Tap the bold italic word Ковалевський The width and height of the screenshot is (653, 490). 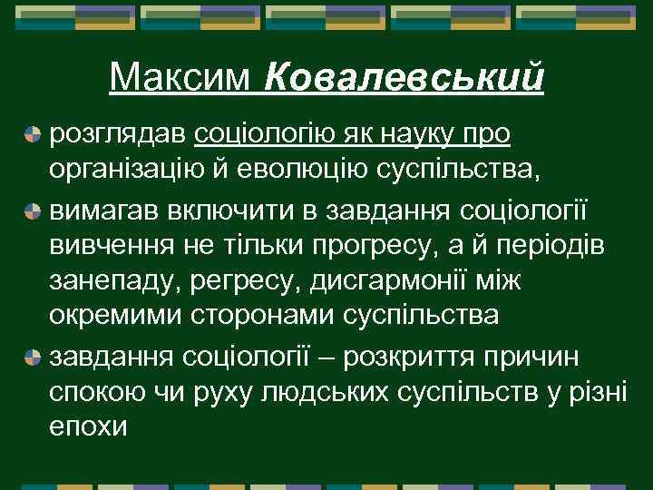(x=404, y=78)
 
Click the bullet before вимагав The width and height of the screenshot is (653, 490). (x=33, y=212)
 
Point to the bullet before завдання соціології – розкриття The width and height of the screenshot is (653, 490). (x=33, y=356)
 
